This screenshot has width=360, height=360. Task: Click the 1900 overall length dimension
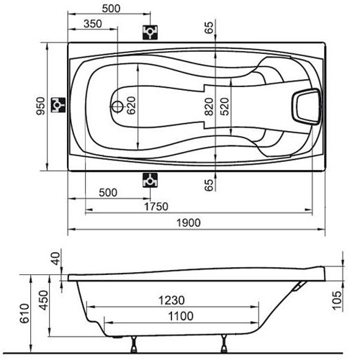(x=189, y=222)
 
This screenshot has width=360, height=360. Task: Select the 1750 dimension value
(x=156, y=207)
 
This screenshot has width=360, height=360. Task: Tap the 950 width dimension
(x=40, y=106)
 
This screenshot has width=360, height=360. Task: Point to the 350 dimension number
(x=93, y=24)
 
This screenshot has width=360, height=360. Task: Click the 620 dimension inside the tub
(x=131, y=105)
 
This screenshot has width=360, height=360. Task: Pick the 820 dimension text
(x=210, y=107)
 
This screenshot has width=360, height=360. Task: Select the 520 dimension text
(x=225, y=107)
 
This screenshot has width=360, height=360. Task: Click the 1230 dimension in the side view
(x=171, y=300)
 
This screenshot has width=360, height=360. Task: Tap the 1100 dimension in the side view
(x=181, y=316)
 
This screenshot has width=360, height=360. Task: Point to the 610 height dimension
(x=24, y=313)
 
